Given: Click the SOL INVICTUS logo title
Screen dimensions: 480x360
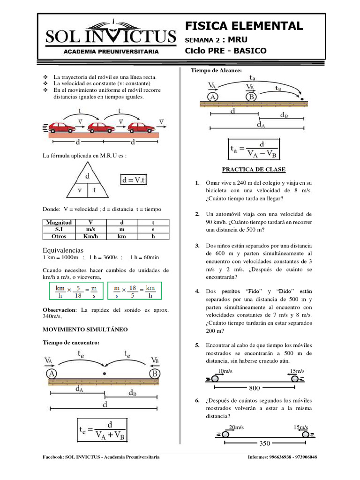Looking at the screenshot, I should pyautogui.click(x=111, y=37).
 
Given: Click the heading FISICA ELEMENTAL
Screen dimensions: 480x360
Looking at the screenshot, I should pyautogui.click(x=244, y=25).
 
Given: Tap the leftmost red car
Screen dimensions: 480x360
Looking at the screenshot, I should pyautogui.click(x=62, y=127).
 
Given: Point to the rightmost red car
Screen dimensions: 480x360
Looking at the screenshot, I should pyautogui.click(x=142, y=127).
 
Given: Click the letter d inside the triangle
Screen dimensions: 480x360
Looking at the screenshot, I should pyautogui.click(x=87, y=177).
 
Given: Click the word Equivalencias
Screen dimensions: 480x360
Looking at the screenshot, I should pyautogui.click(x=63, y=250).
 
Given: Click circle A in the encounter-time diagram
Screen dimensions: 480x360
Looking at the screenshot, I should pyautogui.click(x=52, y=374).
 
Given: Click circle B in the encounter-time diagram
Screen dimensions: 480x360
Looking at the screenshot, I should pyautogui.click(x=156, y=374).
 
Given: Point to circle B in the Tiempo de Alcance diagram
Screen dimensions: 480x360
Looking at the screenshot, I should pyautogui.click(x=251, y=97).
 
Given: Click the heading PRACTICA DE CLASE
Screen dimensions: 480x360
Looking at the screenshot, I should pyautogui.click(x=255, y=169).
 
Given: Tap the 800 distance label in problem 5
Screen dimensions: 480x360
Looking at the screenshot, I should pyautogui.click(x=255, y=388).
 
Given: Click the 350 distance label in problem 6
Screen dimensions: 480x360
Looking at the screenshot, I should pyautogui.click(x=264, y=443).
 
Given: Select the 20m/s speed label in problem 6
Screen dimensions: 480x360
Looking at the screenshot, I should pyautogui.click(x=236, y=427).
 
